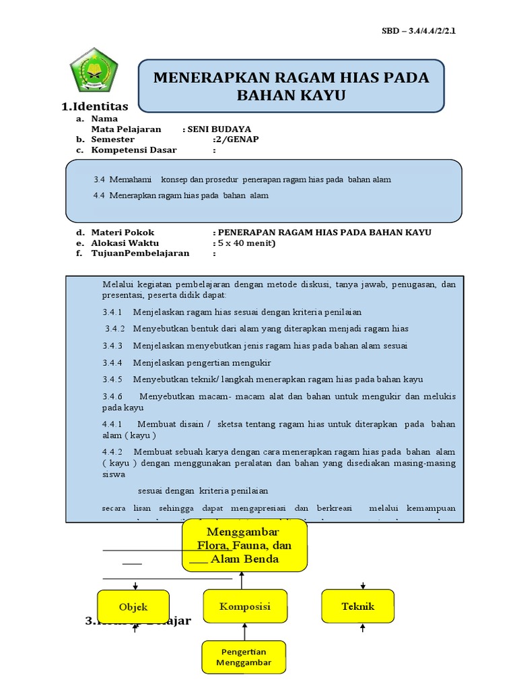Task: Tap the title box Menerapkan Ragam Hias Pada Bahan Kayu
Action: pos(291,86)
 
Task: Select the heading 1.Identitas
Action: pos(94,106)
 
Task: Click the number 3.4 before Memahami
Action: pos(100,180)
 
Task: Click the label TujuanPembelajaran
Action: pos(141,253)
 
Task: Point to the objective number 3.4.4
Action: pos(112,363)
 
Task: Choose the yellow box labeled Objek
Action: pos(133,606)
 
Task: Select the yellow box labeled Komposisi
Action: pos(245,606)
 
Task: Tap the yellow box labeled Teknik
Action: pos(357,606)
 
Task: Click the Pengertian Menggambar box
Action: pos(244,657)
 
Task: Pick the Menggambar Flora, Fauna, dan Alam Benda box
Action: pos(244,545)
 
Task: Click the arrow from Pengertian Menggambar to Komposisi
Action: pos(245,631)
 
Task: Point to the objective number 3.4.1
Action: pos(112,312)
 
